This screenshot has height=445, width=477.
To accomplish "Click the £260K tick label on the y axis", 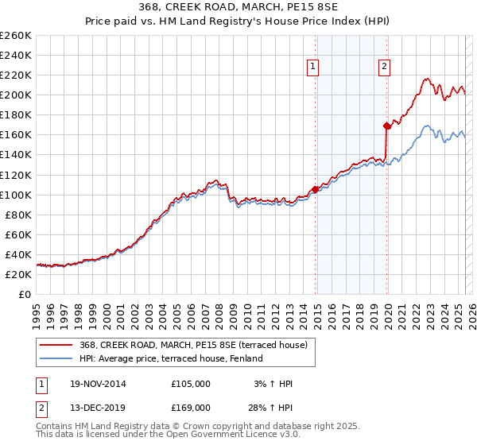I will pos(16,35).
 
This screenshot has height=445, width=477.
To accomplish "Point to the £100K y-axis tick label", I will pos(16,195).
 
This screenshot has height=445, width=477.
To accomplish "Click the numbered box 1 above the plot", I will pos(314,68).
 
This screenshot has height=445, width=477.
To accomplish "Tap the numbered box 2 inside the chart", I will pos(384,68).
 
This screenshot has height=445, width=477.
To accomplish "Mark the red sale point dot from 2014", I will pos(316,189).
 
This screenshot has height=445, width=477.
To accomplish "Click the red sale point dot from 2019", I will pos(387,126).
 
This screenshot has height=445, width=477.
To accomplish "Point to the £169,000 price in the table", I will pos(191,408).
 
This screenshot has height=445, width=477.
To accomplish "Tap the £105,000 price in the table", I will pos(191,384).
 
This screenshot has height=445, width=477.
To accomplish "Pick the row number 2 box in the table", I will pos(41,408).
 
